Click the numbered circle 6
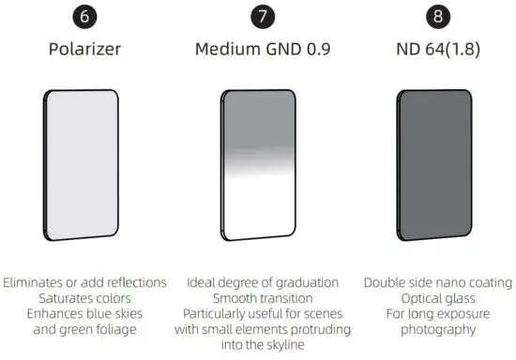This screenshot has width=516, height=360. point(85,18)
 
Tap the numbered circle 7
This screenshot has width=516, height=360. point(262,18)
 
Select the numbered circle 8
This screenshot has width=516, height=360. point(435,18)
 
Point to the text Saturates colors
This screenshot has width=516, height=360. point(85,298)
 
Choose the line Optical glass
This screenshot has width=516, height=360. point(438,298)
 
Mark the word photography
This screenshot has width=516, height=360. point(438,330)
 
